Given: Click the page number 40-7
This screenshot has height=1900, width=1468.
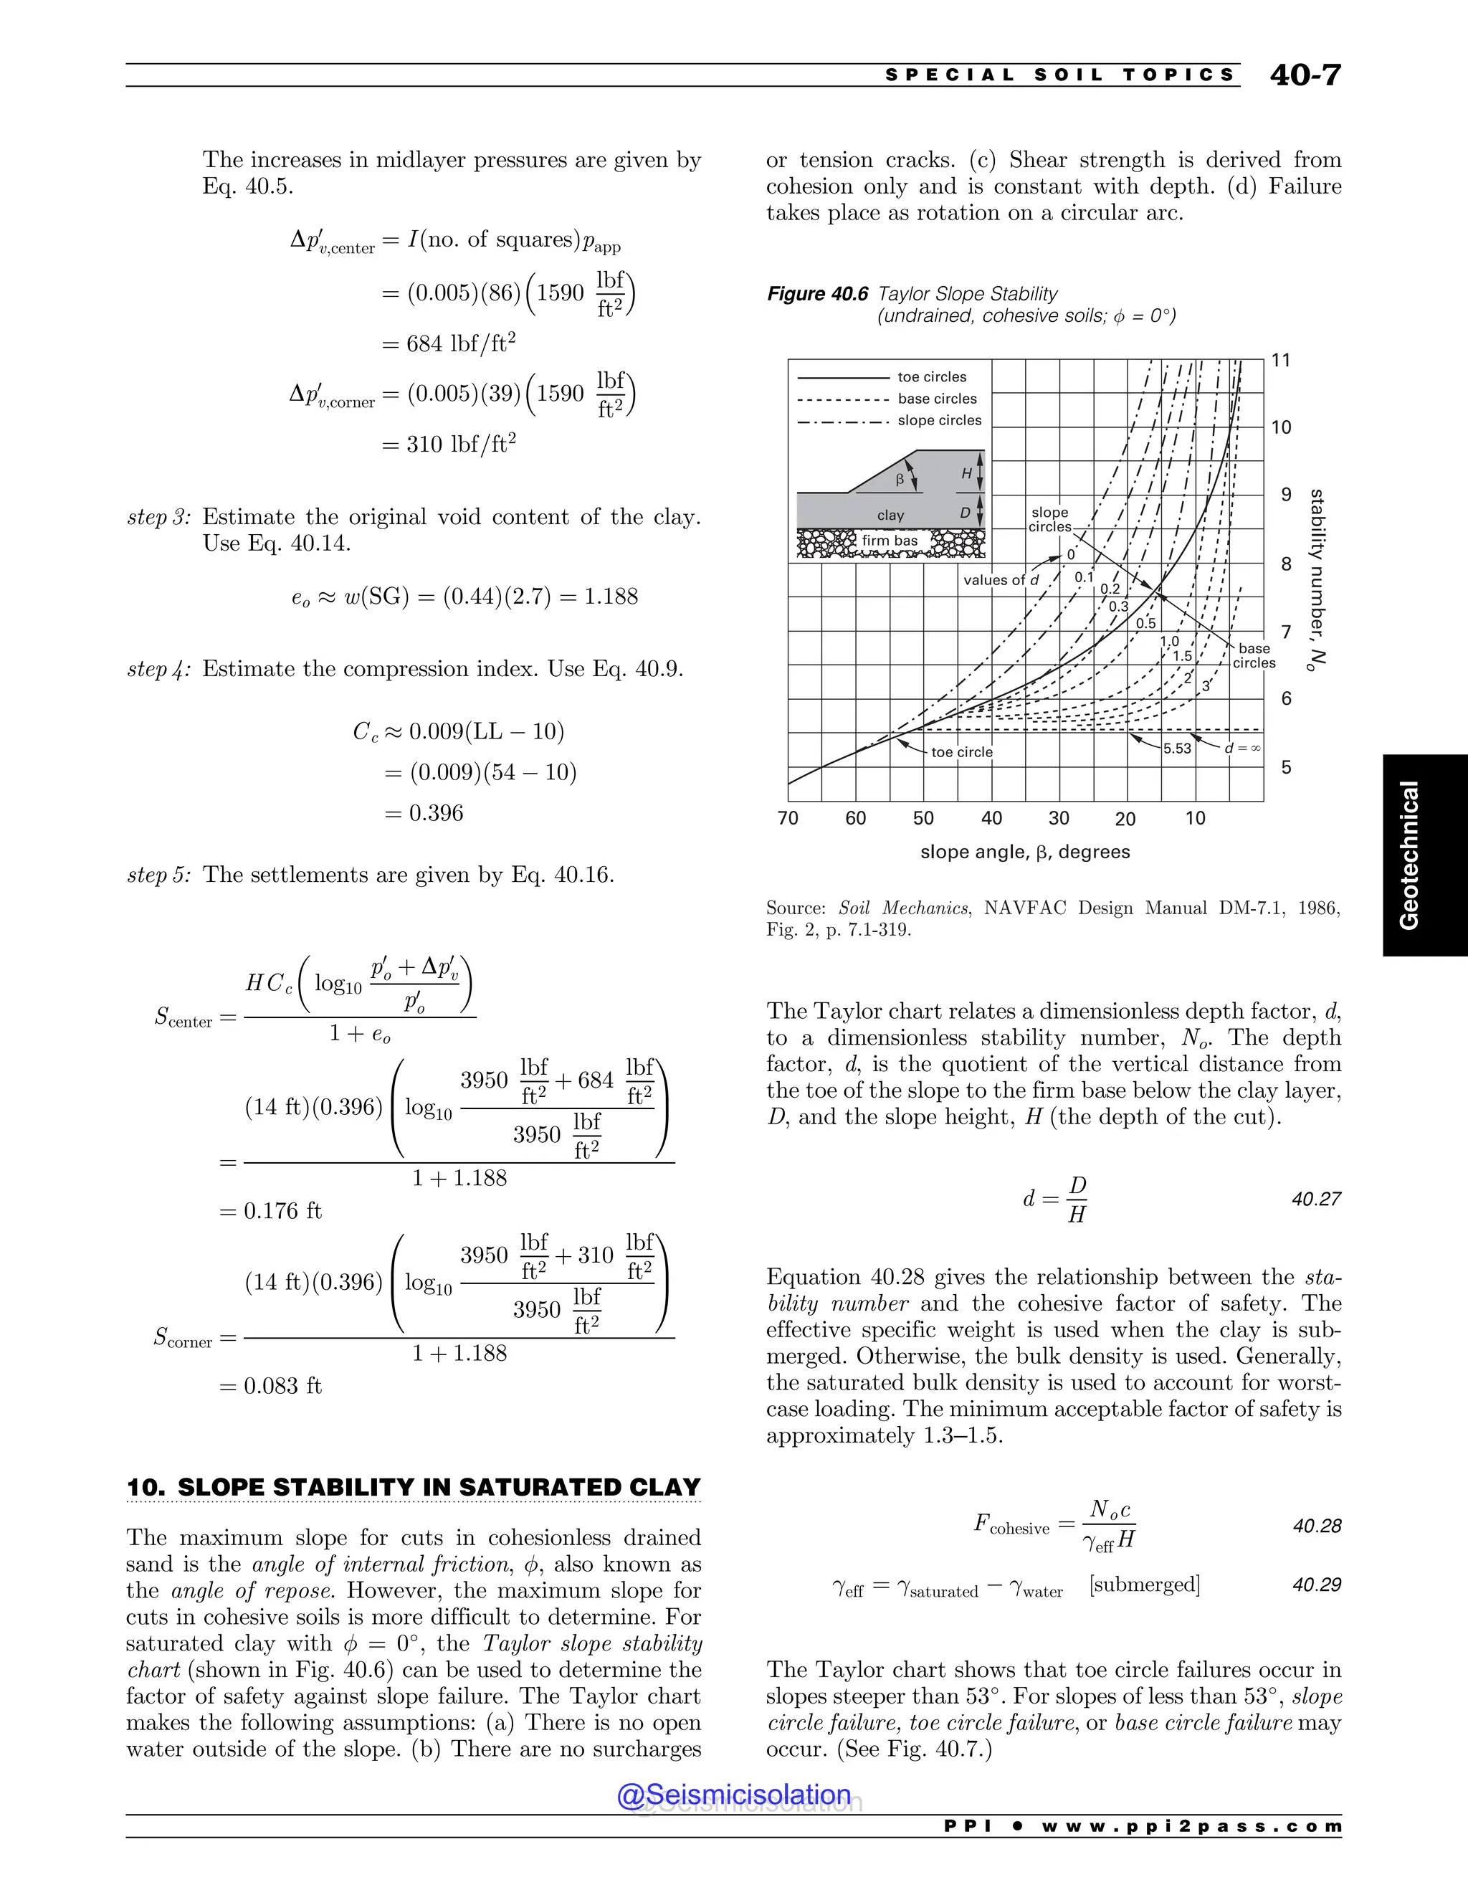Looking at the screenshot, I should pyautogui.click(x=1305, y=76).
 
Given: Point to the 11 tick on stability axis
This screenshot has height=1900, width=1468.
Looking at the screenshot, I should pyautogui.click(x=1280, y=360).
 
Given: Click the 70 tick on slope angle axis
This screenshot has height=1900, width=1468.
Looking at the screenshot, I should pyautogui.click(x=788, y=818).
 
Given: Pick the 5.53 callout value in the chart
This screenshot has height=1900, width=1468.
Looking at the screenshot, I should pyautogui.click(x=1177, y=748).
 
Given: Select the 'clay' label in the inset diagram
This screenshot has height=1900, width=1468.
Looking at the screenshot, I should pyautogui.click(x=890, y=515).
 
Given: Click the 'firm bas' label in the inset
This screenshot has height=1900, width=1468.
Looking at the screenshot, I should pyautogui.click(x=890, y=541).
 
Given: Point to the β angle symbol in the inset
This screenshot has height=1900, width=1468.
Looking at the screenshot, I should pyautogui.click(x=900, y=480).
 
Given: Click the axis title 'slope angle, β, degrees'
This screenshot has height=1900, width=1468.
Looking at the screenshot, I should pyautogui.click(x=1024, y=852).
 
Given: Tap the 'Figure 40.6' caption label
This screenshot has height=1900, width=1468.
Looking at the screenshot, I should pyautogui.click(x=816, y=294).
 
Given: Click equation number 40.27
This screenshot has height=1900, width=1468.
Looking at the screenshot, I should pyautogui.click(x=1316, y=1199).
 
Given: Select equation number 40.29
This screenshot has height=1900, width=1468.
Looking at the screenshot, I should pyautogui.click(x=1316, y=1585).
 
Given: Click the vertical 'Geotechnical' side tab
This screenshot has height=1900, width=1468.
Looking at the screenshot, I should pyautogui.click(x=1409, y=855).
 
